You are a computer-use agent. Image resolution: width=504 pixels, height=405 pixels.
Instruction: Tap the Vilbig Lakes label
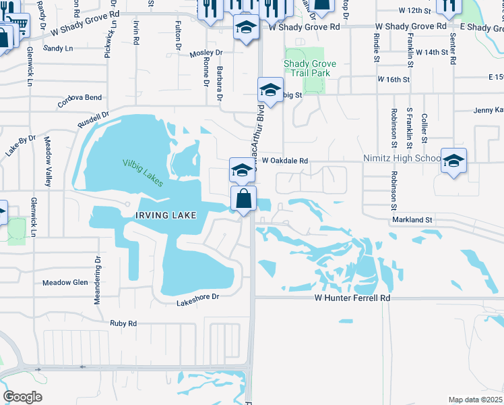pos(143,168)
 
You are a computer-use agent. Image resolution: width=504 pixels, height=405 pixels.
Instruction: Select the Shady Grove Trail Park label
pos(310,68)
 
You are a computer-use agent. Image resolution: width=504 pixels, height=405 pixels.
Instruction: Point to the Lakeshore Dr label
pos(198,296)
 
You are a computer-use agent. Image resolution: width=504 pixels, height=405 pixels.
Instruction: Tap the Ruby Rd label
pos(123,323)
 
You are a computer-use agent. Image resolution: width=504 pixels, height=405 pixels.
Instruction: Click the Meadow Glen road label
pos(65,283)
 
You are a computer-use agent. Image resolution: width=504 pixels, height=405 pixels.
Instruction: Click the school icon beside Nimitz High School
pos(453,161)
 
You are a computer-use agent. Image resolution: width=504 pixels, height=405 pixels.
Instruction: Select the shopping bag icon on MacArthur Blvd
pos(243,199)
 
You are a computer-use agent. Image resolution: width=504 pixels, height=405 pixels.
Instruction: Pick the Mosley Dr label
pos(206,53)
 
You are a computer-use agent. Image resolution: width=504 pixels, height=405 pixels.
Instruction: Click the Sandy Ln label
pos(57,49)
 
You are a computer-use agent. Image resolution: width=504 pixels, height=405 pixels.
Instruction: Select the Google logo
pos(22,397)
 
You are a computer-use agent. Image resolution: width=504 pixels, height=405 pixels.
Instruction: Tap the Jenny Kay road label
pos(489,110)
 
